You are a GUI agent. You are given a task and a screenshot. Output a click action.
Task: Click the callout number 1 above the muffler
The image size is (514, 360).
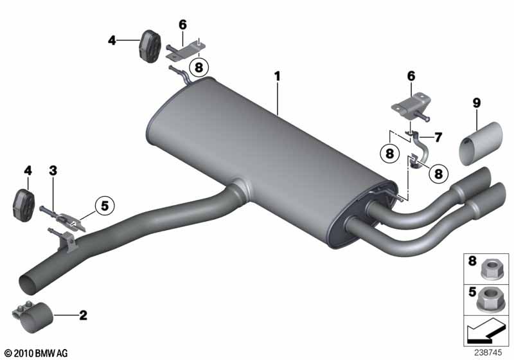[x=278, y=76]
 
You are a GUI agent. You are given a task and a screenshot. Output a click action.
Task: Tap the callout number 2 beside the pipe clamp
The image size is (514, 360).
[x=83, y=315]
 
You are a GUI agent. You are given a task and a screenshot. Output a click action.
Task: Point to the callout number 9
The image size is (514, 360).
[x=476, y=103]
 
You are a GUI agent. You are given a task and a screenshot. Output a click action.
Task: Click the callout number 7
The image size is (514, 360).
[x=438, y=137]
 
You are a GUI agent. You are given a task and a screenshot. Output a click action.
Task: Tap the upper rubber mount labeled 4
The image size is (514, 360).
[x=150, y=44]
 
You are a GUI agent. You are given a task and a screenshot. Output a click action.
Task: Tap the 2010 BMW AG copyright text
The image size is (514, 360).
[x=35, y=353]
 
